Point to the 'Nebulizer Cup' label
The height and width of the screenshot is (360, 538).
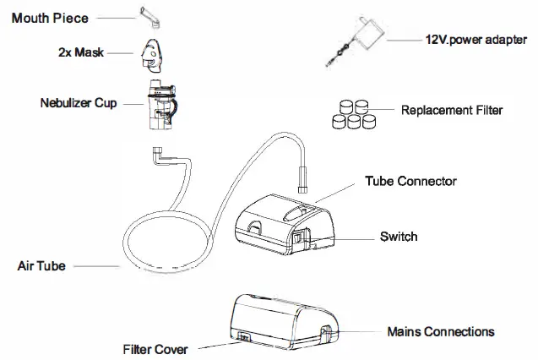tap(78, 104)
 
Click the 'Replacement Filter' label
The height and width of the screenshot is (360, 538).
tap(451, 110)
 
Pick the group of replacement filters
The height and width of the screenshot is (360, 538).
tap(350, 112)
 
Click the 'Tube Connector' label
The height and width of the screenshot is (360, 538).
tap(410, 181)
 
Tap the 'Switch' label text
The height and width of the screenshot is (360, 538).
tap(399, 237)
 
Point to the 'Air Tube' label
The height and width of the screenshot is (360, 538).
tap(42, 265)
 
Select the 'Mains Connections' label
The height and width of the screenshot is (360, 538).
tap(440, 332)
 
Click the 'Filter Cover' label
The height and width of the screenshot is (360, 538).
tap(155, 348)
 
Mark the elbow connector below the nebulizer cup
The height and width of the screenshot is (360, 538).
tap(160, 155)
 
